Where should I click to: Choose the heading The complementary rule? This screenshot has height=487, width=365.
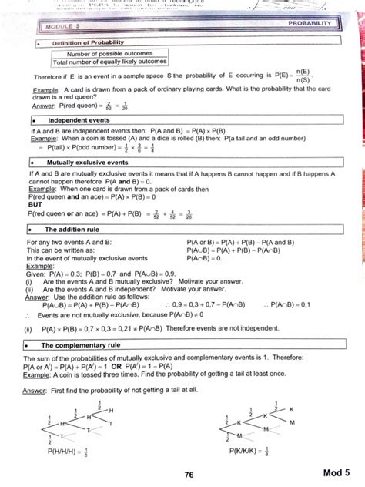click(85, 345)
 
